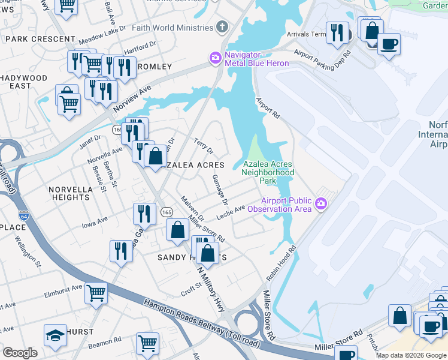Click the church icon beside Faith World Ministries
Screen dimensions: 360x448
click(222, 28)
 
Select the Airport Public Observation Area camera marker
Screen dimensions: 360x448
click(321, 205)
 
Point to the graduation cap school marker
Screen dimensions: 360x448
click(55, 335)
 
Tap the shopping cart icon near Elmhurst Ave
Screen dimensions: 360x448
click(96, 293)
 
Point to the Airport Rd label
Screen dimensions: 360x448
click(268, 107)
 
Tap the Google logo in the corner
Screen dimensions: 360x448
click(20, 353)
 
